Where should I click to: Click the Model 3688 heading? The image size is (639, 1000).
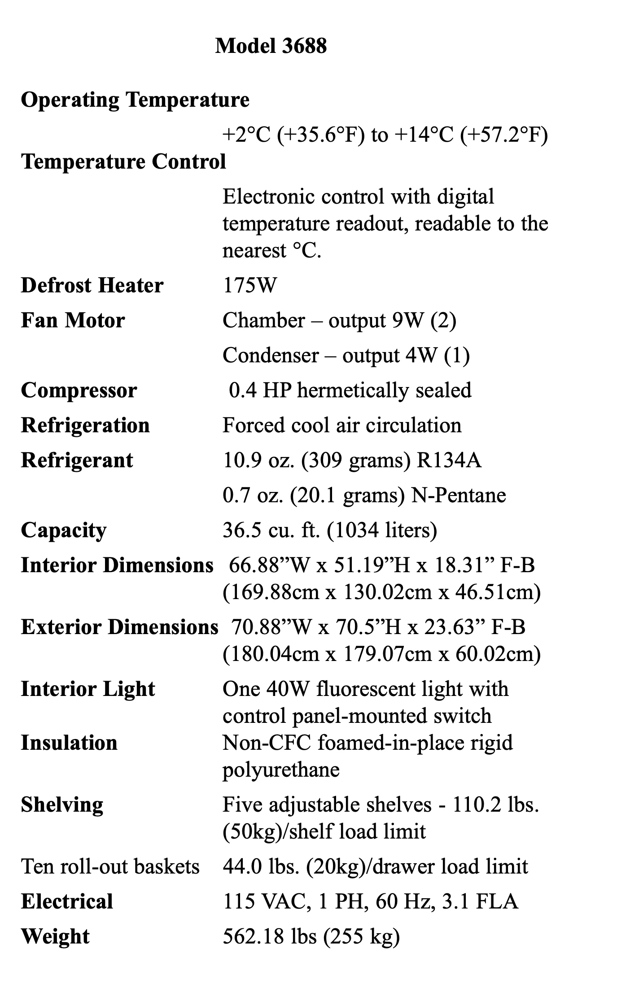pyautogui.click(x=271, y=46)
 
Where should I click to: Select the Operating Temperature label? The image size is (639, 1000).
pyautogui.click(x=135, y=100)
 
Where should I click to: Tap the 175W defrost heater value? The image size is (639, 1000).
pyautogui.click(x=250, y=285)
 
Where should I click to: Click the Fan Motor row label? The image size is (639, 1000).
pyautogui.click(x=73, y=320)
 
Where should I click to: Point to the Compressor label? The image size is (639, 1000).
pyautogui.click(x=79, y=390)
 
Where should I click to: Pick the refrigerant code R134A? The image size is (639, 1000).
pyautogui.click(x=449, y=460)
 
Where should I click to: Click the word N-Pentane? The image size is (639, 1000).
pyautogui.click(x=459, y=495)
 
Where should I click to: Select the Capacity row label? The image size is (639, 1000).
pyautogui.click(x=64, y=530)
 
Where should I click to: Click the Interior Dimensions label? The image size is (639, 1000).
pyautogui.click(x=117, y=565)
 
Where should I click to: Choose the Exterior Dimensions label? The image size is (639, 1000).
pyautogui.click(x=119, y=627)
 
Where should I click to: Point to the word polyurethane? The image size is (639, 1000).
pyautogui.click(x=281, y=770)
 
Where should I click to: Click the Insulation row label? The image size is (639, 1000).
pyautogui.click(x=69, y=743)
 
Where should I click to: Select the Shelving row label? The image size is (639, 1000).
pyautogui.click(x=62, y=805)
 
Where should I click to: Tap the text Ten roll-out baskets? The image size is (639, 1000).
pyautogui.click(x=110, y=866)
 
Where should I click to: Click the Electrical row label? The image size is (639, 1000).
pyautogui.click(x=67, y=901)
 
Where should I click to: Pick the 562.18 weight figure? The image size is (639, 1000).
pyautogui.click(x=253, y=936)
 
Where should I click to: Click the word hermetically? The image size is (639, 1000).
pyautogui.click(x=353, y=390)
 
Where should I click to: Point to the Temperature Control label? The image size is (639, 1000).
pyautogui.click(x=123, y=161)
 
